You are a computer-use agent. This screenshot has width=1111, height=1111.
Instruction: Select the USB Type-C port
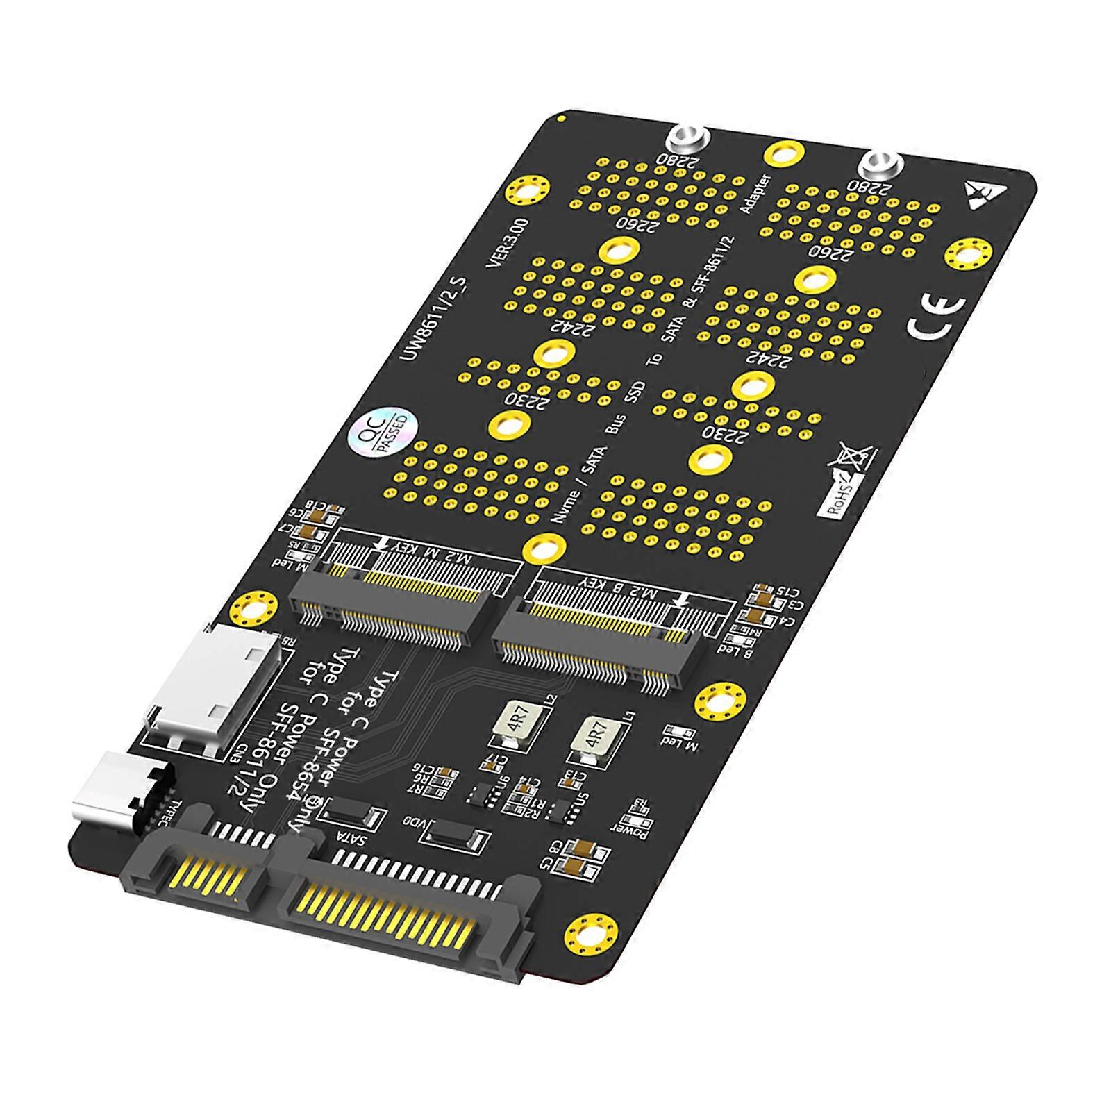(x=124, y=794)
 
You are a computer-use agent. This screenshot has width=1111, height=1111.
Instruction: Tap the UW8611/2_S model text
(x=433, y=317)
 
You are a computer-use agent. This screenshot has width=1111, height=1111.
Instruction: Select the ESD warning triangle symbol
(x=980, y=192)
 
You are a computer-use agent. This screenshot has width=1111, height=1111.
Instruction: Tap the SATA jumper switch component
(x=353, y=817)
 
